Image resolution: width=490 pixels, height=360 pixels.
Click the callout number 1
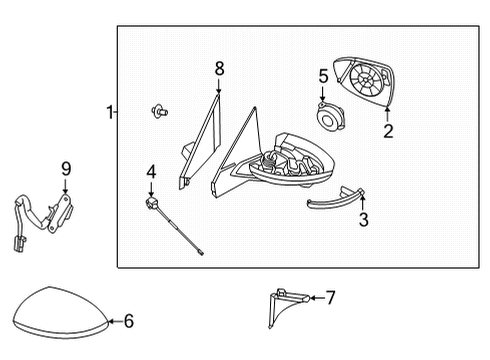[109, 112]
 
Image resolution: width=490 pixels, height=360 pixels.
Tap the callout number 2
[388, 131]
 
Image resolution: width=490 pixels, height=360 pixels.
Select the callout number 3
[364, 219]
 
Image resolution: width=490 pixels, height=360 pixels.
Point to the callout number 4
[151, 172]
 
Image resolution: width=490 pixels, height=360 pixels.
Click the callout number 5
[323, 76]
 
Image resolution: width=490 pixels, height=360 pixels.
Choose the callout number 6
[129, 321]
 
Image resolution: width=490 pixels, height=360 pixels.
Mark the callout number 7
[330, 297]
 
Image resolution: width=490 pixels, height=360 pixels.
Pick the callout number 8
[219, 69]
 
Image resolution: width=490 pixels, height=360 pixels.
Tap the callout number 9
[66, 169]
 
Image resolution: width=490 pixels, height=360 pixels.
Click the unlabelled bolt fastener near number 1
[160, 111]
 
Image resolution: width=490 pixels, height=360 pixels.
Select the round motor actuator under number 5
[330, 117]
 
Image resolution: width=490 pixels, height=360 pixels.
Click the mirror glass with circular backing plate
[364, 81]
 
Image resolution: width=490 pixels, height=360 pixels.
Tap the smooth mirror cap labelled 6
[61, 313]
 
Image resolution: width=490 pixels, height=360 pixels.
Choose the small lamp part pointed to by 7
[288, 307]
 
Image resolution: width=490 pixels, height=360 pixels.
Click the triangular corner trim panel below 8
[201, 143]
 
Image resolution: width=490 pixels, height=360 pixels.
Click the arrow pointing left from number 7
[317, 298]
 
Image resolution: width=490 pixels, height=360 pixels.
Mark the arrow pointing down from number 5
[322, 93]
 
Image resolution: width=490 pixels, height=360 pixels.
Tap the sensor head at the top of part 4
[151, 203]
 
